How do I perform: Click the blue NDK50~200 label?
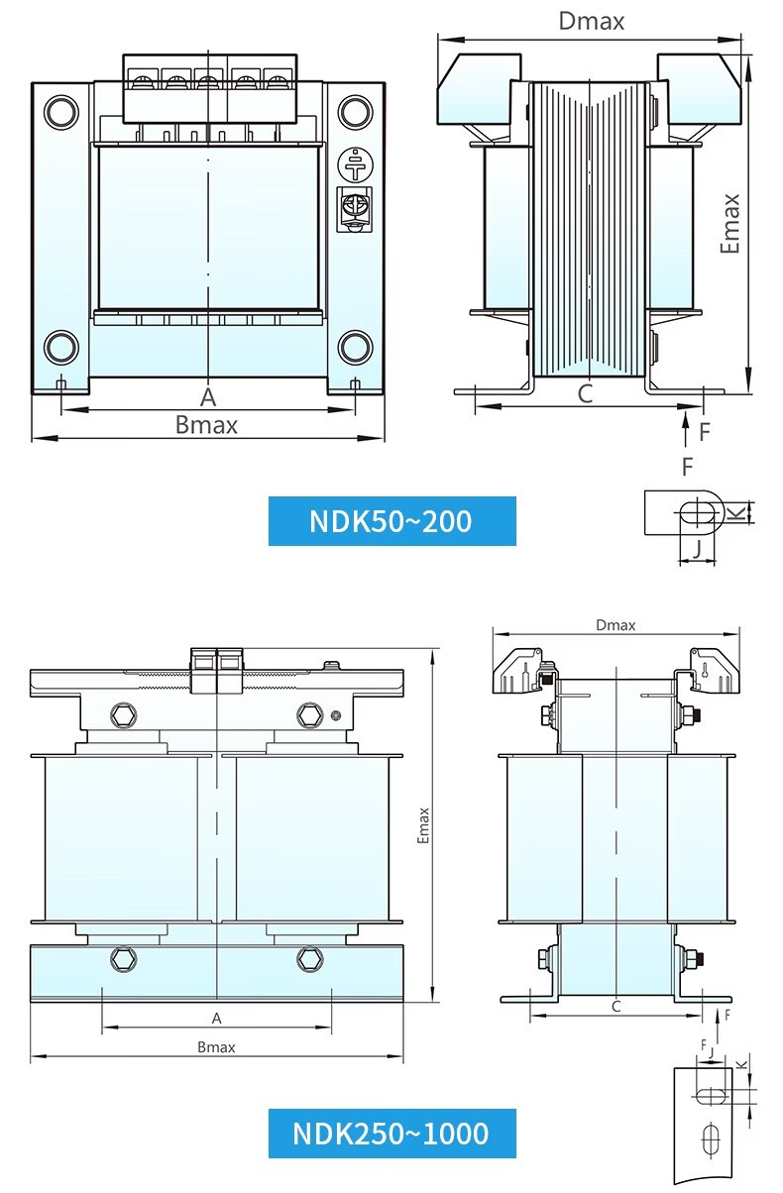[392, 521]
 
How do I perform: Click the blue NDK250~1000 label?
[392, 1133]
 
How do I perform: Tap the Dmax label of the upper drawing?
[592, 22]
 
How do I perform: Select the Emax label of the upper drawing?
[730, 223]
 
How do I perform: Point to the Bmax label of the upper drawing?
[206, 425]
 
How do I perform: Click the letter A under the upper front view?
[208, 397]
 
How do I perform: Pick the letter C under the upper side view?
[586, 394]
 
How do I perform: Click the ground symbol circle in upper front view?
[355, 164]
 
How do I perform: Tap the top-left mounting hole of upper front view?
[61, 112]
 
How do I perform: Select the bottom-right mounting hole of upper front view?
[355, 347]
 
